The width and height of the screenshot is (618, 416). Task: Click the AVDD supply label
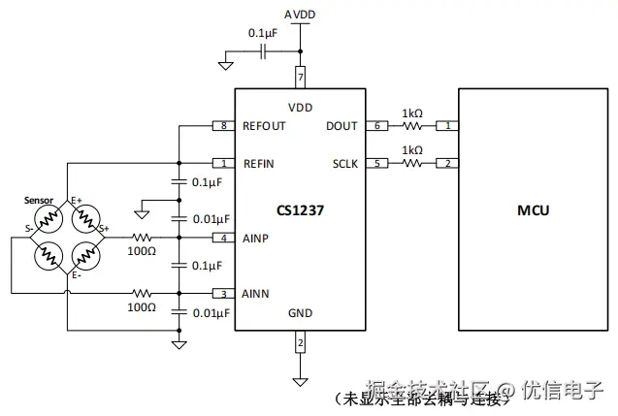click(300, 15)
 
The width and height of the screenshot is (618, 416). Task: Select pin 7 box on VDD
click(300, 76)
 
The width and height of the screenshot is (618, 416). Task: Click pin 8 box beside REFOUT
click(224, 126)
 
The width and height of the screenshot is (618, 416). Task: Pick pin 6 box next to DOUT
click(376, 126)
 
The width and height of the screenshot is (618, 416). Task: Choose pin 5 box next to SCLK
click(376, 163)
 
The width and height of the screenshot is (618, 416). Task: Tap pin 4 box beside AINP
click(224, 238)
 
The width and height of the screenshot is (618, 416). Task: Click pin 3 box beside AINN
click(224, 293)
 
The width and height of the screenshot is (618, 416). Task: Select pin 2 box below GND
click(300, 343)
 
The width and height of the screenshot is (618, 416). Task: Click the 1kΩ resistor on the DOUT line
click(412, 126)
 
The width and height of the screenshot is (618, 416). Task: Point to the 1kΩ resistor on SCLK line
click(412, 163)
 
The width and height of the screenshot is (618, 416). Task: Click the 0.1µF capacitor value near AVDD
click(263, 32)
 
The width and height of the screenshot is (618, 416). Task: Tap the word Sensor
click(38, 200)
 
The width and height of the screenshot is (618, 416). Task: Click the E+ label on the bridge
click(77, 201)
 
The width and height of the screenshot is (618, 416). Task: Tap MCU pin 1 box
click(447, 126)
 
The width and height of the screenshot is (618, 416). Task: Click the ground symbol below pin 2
click(300, 379)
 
